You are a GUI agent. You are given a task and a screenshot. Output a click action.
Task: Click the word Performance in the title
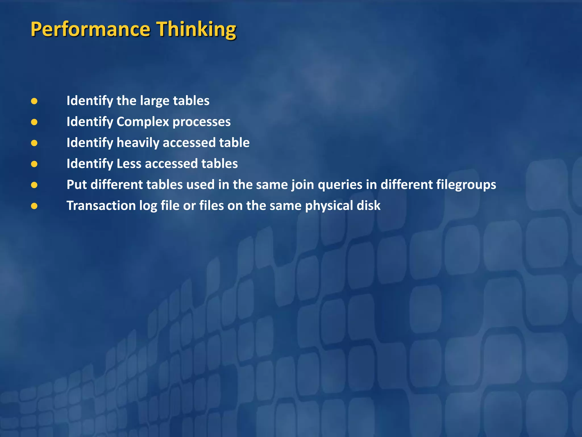tap(90, 29)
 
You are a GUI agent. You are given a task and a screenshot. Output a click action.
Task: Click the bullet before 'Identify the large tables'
tap(34, 101)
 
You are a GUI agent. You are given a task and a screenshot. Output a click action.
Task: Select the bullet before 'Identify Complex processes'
tap(34, 122)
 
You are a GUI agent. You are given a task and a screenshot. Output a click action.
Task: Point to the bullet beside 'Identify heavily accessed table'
tap(34, 143)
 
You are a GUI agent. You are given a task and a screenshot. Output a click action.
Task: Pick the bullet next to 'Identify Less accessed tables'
tap(34, 164)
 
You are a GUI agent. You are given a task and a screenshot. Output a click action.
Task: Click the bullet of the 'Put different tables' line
tap(34, 185)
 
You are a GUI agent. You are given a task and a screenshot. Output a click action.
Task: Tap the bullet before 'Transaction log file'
tap(34, 206)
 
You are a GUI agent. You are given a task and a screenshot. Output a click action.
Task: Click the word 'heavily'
tap(138, 143)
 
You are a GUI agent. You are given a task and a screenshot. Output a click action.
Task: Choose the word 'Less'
tap(129, 164)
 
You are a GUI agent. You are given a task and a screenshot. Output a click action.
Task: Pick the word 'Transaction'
tap(101, 206)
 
